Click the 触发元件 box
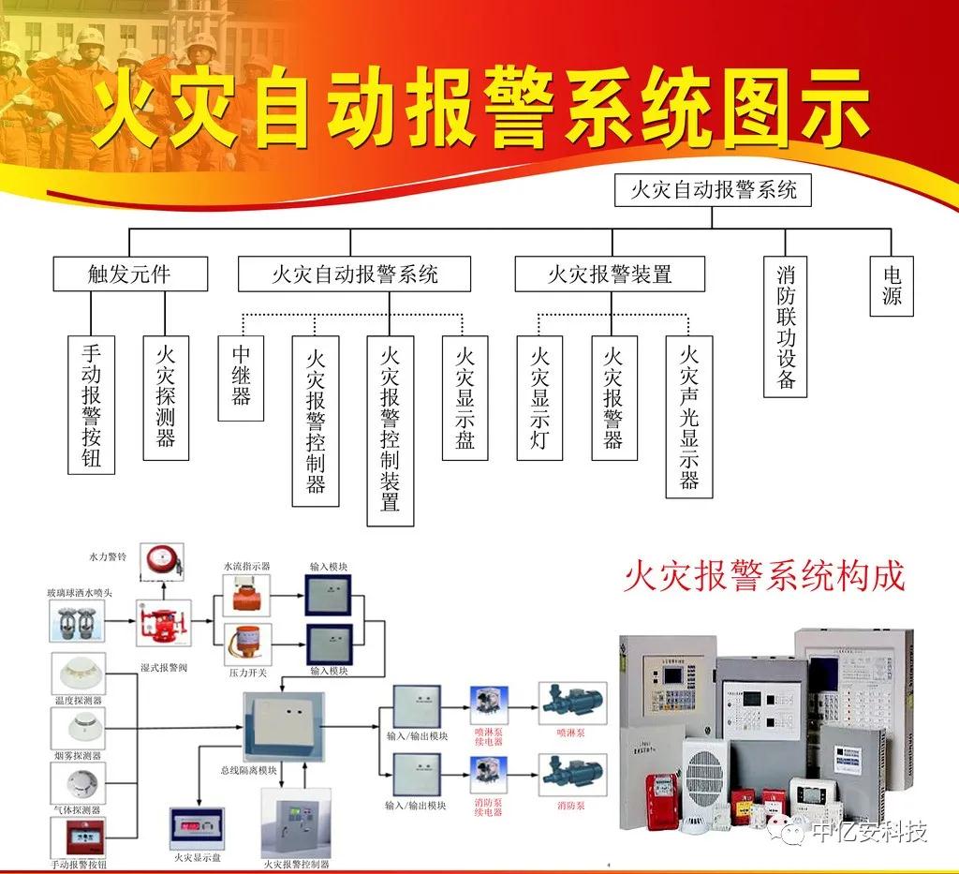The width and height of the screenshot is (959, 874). (x=129, y=274)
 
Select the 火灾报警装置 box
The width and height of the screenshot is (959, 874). (x=610, y=274)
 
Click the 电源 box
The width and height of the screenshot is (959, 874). (x=891, y=286)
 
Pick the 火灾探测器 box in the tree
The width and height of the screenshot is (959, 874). (x=166, y=397)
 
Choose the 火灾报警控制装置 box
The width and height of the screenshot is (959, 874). (x=391, y=430)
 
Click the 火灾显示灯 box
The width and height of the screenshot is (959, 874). (x=539, y=397)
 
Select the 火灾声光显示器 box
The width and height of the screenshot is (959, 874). (x=689, y=416)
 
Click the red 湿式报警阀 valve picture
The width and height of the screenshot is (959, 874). (x=163, y=623)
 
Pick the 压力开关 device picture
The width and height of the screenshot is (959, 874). (x=247, y=644)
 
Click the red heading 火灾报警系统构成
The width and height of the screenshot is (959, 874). (x=764, y=576)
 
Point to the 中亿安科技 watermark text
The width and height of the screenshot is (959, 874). (x=868, y=831)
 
